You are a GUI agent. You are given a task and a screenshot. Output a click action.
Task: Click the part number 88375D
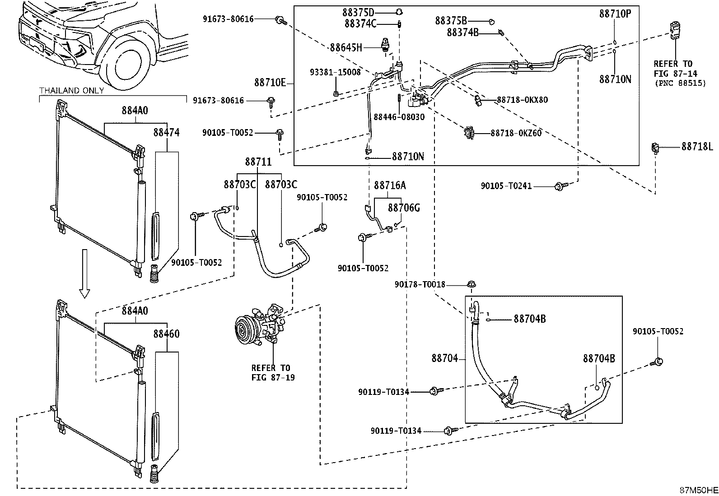coord(358,13)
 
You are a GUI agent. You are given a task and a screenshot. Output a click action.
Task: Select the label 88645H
coord(346,48)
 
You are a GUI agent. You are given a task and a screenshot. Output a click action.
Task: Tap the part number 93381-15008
coord(335,72)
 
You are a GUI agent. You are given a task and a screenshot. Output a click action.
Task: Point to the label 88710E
coord(270,83)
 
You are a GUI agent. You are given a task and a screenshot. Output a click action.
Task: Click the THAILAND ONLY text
coord(71,90)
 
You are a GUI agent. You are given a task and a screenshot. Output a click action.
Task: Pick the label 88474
coord(166,132)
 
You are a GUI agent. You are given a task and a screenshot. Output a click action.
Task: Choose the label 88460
coord(166,334)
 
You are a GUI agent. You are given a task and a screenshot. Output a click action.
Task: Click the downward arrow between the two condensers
coord(84,273)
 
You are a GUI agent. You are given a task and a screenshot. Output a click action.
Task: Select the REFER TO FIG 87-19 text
coord(273,372)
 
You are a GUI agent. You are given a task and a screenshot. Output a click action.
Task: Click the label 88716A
coord(390,185)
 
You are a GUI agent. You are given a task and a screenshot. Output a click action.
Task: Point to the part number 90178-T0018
coord(420,285)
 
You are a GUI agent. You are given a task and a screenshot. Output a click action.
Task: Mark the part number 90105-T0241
coord(506,186)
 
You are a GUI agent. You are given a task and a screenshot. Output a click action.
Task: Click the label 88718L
coord(696,147)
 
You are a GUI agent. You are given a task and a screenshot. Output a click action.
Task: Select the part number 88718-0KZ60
coord(516,133)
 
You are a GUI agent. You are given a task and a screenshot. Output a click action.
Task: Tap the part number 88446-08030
coord(399,117)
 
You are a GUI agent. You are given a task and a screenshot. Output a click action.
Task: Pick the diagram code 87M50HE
coord(699,490)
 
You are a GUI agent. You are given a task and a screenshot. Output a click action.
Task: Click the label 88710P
coord(615,14)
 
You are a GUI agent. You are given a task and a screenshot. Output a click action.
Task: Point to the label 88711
coord(258,162)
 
